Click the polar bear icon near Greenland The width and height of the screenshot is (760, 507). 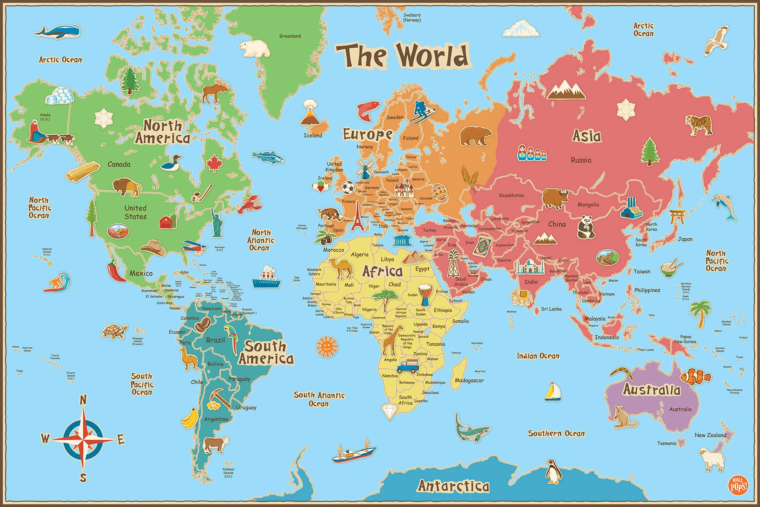point(254,48)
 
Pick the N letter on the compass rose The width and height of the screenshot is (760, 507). point(83,400)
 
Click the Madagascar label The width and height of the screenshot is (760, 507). point(469,381)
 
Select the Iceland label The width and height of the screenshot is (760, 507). point(313,136)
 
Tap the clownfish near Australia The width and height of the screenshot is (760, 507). point(694,376)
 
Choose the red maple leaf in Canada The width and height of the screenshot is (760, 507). point(214,164)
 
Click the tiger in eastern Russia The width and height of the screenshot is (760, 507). point(698,125)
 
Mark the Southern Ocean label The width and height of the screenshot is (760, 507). point(556,433)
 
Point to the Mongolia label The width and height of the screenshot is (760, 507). point(588,205)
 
